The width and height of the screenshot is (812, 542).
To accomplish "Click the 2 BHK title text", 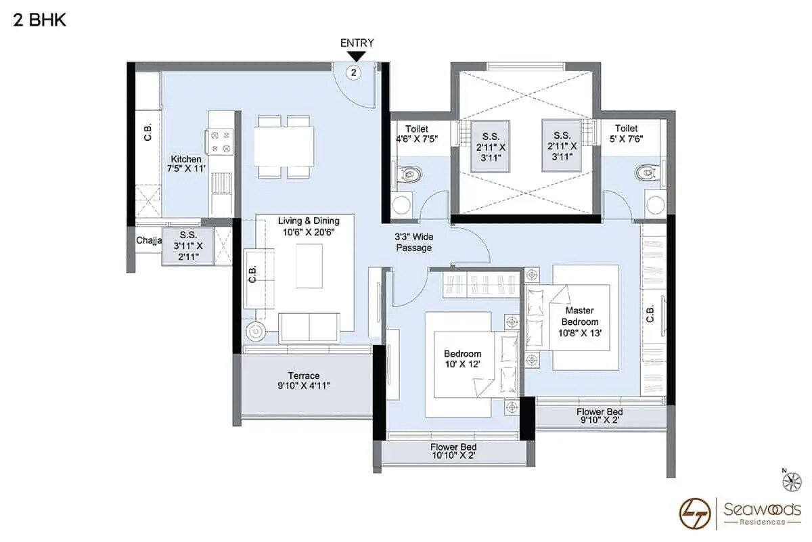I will (x=39, y=20).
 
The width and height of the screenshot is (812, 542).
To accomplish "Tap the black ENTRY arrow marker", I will (x=357, y=56).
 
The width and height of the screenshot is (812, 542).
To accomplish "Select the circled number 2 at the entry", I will (x=354, y=72).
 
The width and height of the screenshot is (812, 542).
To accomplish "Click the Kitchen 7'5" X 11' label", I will (x=186, y=164).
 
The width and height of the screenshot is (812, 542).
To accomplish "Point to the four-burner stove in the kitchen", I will (x=221, y=141).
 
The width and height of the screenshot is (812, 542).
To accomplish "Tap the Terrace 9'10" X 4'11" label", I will (x=303, y=381).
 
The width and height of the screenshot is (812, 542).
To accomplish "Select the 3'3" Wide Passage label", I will (x=413, y=243).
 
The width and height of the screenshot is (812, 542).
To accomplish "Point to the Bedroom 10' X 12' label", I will (x=462, y=359).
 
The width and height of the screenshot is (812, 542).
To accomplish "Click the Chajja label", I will (x=148, y=240).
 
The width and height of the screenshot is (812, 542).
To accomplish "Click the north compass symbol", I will (x=790, y=481).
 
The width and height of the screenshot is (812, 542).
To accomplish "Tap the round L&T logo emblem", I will (x=696, y=513).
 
